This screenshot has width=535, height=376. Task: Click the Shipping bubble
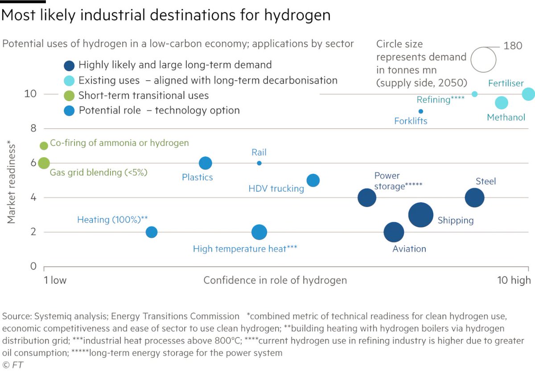[420, 215]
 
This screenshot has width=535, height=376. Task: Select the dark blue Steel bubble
[474, 197]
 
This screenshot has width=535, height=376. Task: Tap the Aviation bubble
[394, 232]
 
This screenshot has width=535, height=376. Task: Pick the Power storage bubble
[367, 197]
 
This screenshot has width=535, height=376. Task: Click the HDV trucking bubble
[313, 180]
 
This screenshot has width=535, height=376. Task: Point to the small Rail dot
[259, 163]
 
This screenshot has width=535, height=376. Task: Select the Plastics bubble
[205, 163]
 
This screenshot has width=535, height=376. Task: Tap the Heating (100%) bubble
[152, 232]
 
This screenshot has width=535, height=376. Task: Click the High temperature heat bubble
[259, 232]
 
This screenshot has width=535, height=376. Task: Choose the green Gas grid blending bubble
[44, 163]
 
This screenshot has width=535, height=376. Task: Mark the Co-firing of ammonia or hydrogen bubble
[44, 146]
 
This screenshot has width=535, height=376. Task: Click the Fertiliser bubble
[528, 94]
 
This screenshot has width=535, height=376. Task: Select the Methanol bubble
[502, 102]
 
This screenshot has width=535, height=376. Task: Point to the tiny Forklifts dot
[420, 111]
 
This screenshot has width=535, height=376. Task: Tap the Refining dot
[474, 94]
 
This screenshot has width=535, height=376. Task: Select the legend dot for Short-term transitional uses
[69, 95]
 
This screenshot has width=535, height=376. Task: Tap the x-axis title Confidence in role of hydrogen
[275, 280]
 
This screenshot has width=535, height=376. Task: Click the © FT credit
[13, 365]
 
